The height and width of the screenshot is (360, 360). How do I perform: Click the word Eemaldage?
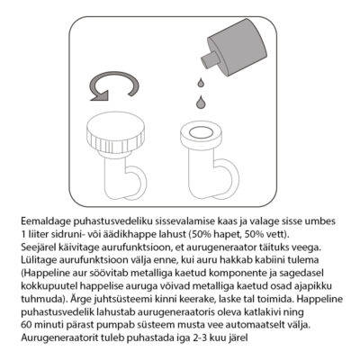(46, 221)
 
